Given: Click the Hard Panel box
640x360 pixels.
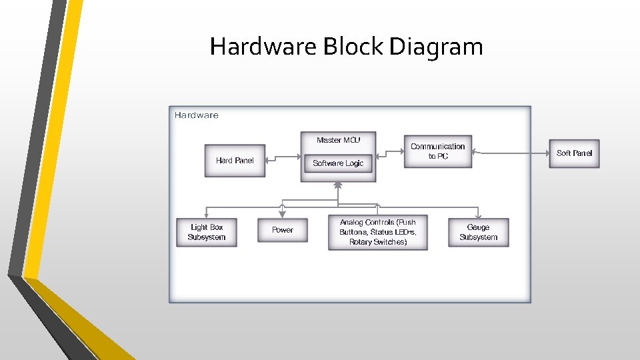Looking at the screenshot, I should tap(235, 161).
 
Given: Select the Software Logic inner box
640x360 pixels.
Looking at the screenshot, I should tap(338, 163).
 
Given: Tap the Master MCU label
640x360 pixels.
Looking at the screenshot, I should tap(338, 140).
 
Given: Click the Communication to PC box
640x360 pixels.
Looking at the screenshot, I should tap(437, 151).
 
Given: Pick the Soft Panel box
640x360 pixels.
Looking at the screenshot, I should tap(574, 153).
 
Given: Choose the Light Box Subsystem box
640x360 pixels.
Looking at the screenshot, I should tap(207, 232).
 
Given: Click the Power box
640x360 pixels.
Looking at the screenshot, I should tap(283, 230).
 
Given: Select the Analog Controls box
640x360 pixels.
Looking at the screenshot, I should tap(377, 232).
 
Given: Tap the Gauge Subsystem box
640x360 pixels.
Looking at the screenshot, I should tap(478, 232).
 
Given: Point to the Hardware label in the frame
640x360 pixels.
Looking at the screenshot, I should tap(197, 115).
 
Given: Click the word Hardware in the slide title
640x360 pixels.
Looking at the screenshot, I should tap(264, 47).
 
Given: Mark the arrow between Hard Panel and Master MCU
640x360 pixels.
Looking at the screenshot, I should tap(283, 159).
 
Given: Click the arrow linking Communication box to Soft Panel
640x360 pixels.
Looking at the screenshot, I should tap(510, 153).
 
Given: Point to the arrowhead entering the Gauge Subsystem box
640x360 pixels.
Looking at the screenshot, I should tap(478, 215).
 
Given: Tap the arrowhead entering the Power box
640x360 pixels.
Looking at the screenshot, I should tap(283, 215).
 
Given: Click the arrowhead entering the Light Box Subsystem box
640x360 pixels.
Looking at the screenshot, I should tap(207, 215).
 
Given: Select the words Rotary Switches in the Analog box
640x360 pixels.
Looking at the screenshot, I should tap(378, 242).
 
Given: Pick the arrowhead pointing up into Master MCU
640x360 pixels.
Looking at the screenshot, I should tap(338, 185).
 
